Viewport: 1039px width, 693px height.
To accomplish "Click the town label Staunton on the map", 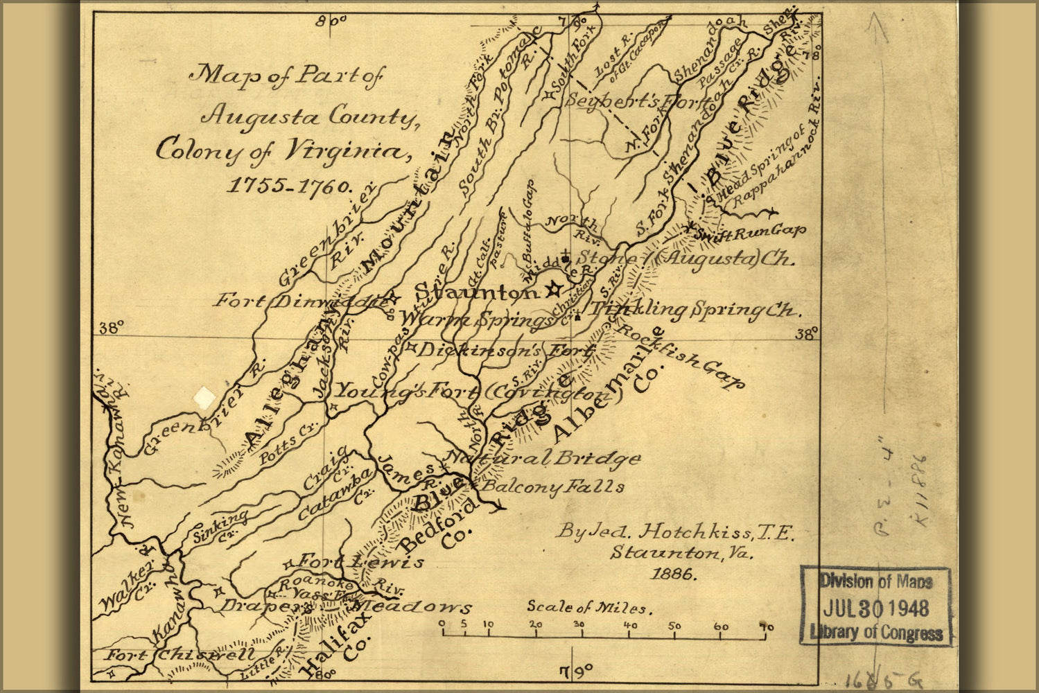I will [476, 292].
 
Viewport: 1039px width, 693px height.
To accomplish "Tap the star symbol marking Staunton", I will [553, 290].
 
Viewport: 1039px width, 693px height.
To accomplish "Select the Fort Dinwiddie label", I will [299, 301].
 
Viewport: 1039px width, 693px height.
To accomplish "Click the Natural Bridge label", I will [545, 458].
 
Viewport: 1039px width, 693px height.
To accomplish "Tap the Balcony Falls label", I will [553, 486].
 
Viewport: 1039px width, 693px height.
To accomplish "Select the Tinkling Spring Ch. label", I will [693, 310].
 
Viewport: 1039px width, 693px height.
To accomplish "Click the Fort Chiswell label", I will [180, 654].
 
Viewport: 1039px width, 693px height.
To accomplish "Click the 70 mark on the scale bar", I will [766, 627].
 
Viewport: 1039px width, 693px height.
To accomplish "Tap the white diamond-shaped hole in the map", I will [204, 397].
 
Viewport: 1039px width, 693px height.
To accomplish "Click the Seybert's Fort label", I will [633, 100].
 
